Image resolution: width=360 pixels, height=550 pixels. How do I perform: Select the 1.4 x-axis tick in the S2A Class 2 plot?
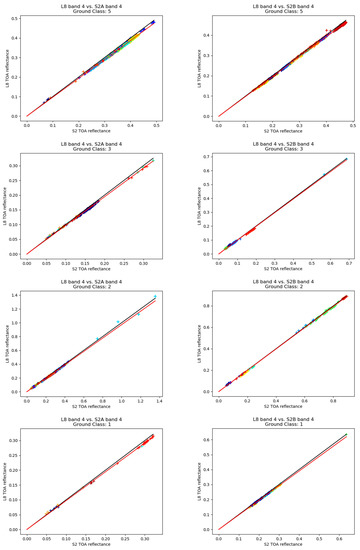tap(155, 399)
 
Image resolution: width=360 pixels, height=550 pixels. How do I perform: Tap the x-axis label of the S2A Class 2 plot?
tap(92, 407)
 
